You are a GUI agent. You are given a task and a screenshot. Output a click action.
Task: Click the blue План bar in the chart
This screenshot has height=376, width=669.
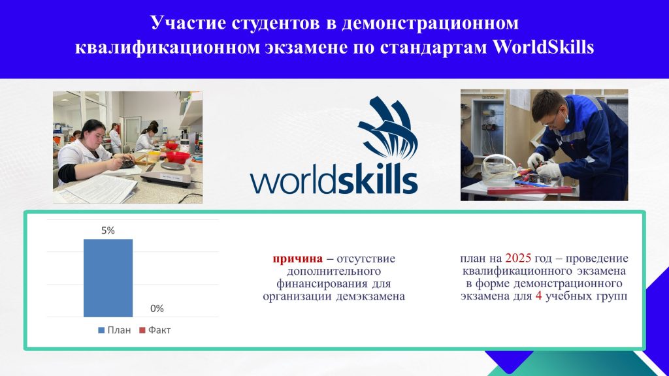click(x=108, y=278)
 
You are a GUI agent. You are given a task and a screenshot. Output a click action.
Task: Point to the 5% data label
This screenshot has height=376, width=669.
click(x=108, y=230)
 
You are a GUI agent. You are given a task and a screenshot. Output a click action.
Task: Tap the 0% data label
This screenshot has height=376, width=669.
click(x=157, y=309)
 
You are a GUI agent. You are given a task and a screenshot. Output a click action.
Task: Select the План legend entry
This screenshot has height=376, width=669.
click(x=114, y=330)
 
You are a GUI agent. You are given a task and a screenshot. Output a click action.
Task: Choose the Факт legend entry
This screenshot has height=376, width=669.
click(x=155, y=330)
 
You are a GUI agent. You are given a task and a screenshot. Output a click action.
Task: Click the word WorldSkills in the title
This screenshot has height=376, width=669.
click(x=543, y=47)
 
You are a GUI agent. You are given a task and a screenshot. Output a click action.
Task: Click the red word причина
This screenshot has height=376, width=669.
click(x=298, y=258)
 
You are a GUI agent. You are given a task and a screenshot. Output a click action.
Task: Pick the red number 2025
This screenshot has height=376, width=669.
click(x=518, y=258)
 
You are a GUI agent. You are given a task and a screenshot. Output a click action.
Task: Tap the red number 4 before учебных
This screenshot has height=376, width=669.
click(x=538, y=296)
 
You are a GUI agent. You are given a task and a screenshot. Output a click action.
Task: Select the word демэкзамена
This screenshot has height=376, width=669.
click(x=370, y=296)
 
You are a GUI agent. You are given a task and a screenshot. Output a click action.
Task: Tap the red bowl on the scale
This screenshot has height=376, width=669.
click(x=178, y=157)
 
